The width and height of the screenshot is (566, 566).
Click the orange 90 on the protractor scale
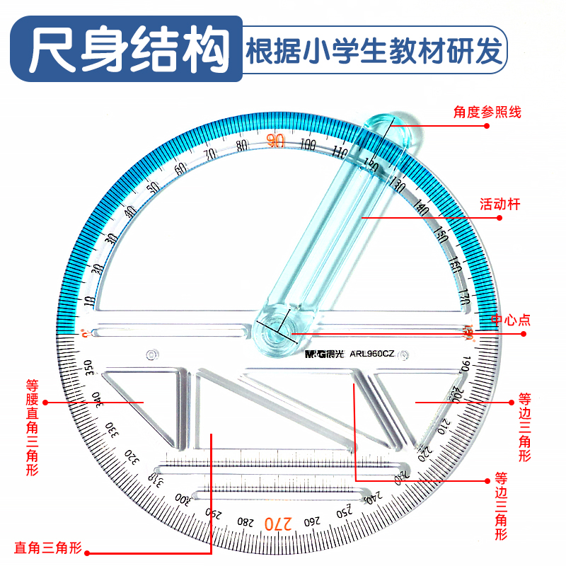point(276,141)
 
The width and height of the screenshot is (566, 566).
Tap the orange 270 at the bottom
point(278,524)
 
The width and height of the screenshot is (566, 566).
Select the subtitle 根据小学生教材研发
point(375,51)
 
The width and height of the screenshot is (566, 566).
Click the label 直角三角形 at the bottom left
point(49,548)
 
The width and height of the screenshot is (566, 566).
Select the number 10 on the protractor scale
point(90,301)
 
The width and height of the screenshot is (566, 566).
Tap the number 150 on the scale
point(441,233)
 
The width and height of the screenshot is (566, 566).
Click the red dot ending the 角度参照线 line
point(487,125)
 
